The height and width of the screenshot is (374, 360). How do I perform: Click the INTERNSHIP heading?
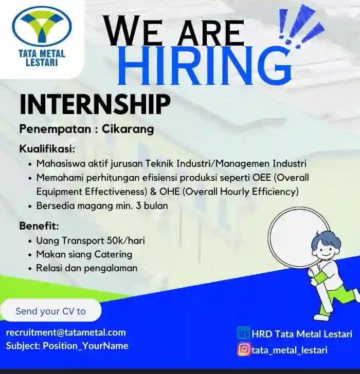coord(95,104)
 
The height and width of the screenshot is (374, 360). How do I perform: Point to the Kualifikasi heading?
coord(47,149)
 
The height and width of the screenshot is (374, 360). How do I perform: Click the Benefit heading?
coord(39,226)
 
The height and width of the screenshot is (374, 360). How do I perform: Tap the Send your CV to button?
coord(50,311)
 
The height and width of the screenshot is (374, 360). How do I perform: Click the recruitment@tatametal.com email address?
coord(66,332)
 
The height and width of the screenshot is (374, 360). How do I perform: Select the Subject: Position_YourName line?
coord(67,346)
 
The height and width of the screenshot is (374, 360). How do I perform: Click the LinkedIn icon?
coord(243,333)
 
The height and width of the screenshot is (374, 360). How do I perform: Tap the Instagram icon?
coord(244,350)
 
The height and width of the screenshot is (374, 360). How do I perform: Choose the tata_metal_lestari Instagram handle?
coord(290,350)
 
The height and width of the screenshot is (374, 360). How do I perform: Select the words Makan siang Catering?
coord(84,254)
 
